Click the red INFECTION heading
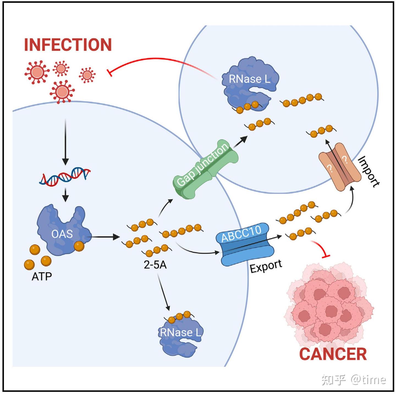point(68,45)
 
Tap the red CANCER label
point(333,354)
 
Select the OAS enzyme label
point(62,234)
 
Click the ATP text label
point(42,276)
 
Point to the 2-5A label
point(155,265)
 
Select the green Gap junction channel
point(205,169)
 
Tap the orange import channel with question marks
point(340,167)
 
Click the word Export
point(266,266)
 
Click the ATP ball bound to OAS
point(79,246)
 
